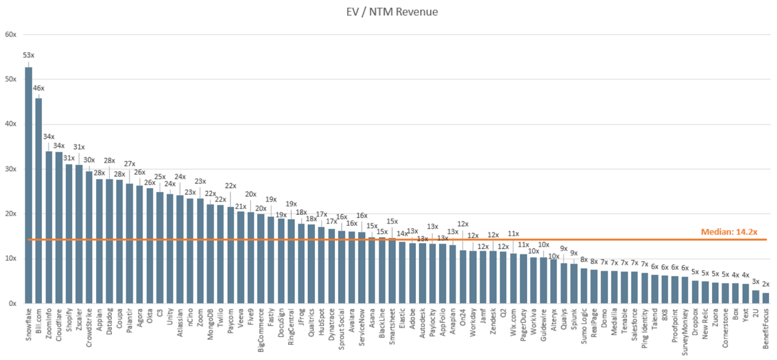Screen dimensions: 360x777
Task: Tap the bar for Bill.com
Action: coord(39,200)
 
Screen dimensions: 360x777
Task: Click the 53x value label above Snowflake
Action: coord(29,55)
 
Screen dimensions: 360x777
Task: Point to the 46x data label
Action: coord(39,88)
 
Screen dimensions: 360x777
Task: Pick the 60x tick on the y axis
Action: coord(10,35)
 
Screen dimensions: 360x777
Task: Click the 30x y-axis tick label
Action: coord(10,169)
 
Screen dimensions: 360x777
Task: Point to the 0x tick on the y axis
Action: coord(12,303)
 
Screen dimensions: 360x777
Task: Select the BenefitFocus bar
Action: coord(766,298)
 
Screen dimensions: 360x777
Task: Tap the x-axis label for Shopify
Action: coord(69,319)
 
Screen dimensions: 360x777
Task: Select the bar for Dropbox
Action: coord(695,292)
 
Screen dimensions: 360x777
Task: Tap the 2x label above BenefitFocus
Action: coord(766,284)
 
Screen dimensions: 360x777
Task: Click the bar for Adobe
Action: coord(413,273)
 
